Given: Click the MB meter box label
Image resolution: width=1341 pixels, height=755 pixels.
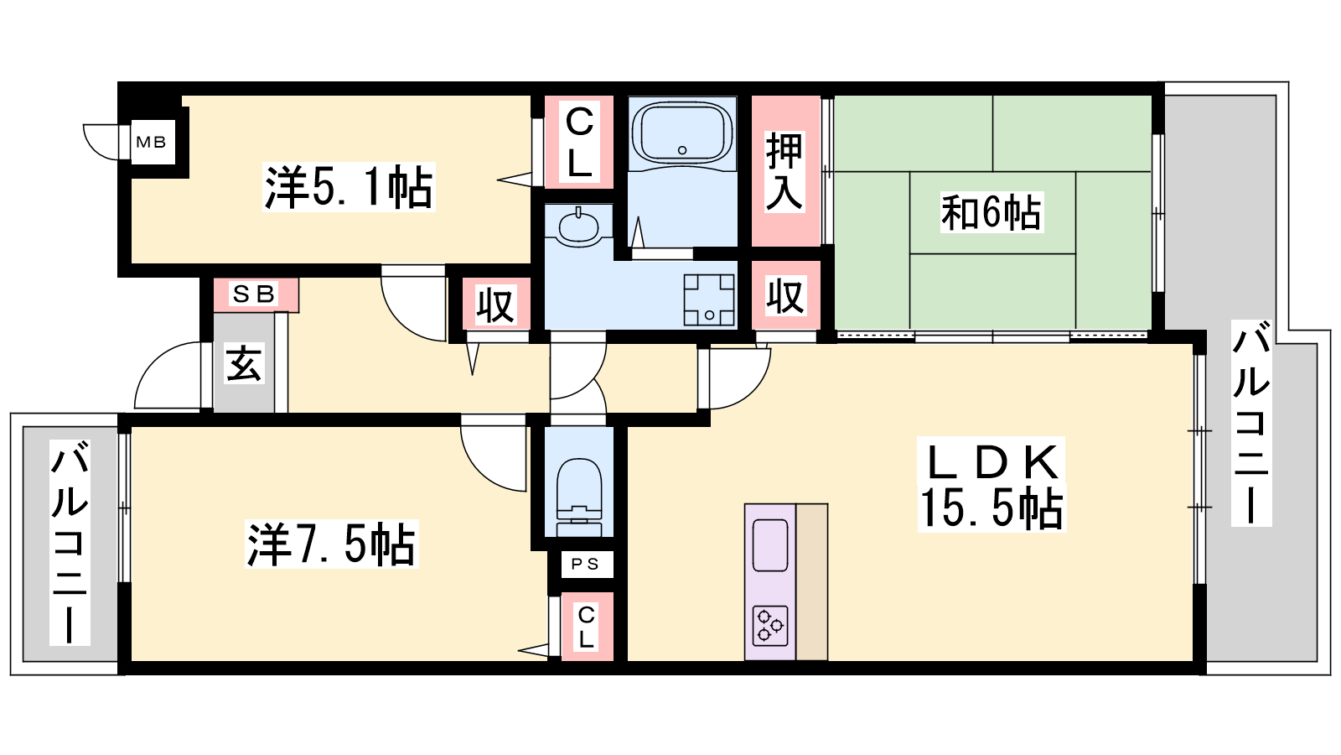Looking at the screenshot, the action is click(x=151, y=143).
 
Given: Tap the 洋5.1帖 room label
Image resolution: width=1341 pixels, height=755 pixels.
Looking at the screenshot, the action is click(x=349, y=187).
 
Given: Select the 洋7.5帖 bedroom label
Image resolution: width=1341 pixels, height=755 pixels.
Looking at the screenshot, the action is click(x=331, y=544).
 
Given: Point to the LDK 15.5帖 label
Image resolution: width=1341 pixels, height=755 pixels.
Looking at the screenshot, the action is click(x=992, y=485).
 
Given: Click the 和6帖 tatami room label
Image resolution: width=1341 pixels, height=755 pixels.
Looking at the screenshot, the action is click(x=992, y=212).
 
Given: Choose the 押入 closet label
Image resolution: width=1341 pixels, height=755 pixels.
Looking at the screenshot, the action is click(x=784, y=172).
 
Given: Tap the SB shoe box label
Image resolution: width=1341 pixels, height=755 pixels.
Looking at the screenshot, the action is click(x=253, y=294).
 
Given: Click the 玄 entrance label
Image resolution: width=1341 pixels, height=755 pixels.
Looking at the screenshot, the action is click(x=244, y=364).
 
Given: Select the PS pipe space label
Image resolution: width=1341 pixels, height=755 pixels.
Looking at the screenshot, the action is click(x=584, y=565).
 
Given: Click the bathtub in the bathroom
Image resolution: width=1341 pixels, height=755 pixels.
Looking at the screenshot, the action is click(x=682, y=133).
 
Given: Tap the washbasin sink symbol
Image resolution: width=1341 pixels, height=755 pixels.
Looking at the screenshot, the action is click(x=578, y=226).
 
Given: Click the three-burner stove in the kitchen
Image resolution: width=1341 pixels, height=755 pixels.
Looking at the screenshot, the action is click(x=770, y=626).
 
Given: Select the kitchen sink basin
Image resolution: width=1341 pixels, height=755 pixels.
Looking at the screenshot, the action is click(x=770, y=545).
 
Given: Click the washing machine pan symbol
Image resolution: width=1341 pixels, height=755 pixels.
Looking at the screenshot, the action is click(x=709, y=299).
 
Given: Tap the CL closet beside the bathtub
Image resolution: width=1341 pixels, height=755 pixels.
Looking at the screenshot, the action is click(x=579, y=142).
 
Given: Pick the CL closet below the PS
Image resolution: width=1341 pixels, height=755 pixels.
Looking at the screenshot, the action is click(x=586, y=627).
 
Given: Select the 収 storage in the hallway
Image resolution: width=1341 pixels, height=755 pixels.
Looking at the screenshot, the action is click(x=495, y=305).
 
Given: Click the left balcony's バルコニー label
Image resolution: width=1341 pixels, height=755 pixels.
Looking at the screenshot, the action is click(x=70, y=542).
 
